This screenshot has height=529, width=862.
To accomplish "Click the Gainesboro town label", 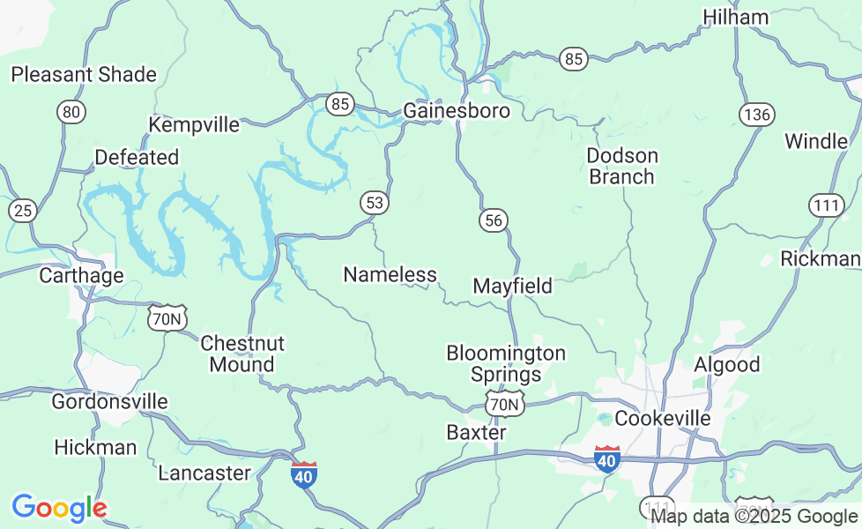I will coord(457,111).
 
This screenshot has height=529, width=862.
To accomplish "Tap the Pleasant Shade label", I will coord(84,74).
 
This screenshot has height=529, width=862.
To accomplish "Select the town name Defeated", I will coord(137,157).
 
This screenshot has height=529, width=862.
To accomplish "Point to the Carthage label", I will coord(81,275).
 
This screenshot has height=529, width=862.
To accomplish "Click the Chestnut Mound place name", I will coord(242,353).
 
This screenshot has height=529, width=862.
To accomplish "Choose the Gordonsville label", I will coord(109,402).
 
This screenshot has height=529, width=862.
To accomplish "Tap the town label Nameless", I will coord(390,274).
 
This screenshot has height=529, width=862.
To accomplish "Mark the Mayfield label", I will coord(512,286).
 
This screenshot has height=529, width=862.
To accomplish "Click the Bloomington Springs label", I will coord(506,363).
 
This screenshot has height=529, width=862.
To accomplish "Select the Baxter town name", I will coord(476,432).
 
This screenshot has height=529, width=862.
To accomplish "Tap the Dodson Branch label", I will coord(622,166).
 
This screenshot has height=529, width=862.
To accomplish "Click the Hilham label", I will coord(735,17).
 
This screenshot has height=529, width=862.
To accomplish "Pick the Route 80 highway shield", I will coord(71,112).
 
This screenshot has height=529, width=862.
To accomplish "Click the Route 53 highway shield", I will coord(375,203).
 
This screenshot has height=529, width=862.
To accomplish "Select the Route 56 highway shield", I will coord(494,220).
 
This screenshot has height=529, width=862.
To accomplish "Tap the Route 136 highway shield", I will coord(756,115).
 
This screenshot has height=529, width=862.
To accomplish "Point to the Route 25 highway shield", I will coord(23,211).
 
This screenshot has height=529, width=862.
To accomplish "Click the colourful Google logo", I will coord(58,508).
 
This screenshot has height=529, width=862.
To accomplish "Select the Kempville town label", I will coord(194,125).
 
